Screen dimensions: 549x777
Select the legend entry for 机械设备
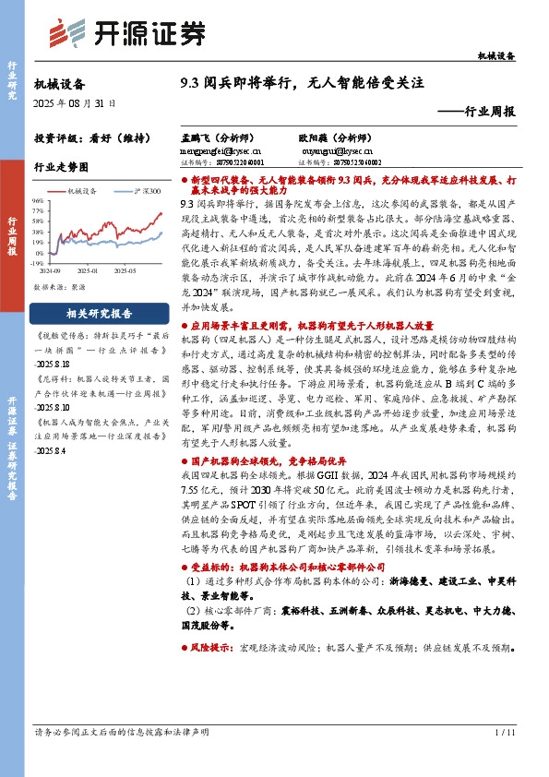pos(82,190)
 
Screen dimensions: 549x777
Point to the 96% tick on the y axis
pos(37,199)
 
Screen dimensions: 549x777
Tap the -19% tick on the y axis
pos(37,261)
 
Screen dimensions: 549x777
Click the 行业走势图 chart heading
pos(62,167)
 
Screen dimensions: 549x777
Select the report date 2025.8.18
pos(56,364)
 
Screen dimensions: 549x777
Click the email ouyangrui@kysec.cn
pos(336,148)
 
